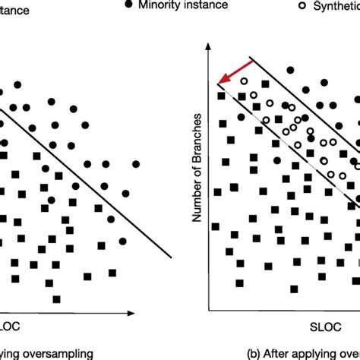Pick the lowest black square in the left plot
pos(55,298)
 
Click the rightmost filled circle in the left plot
pos(137,163)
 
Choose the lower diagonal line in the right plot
pos(289,144)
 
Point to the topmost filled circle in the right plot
pos(290,71)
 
